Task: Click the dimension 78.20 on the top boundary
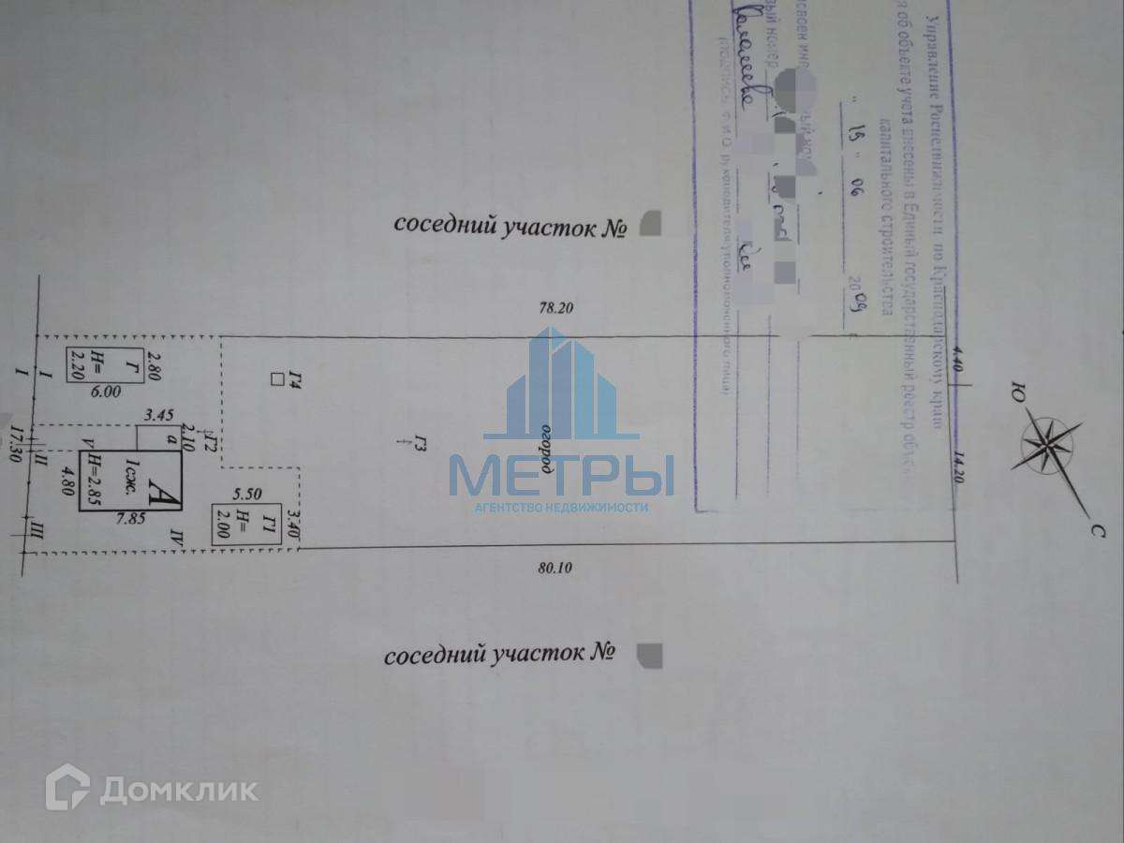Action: click(x=555, y=306)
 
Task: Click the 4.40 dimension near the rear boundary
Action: click(x=956, y=361)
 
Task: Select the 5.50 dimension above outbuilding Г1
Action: click(x=248, y=493)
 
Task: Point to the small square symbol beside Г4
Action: click(x=275, y=379)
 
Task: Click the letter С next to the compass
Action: click(x=1094, y=531)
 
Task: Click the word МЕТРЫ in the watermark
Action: click(x=561, y=475)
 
